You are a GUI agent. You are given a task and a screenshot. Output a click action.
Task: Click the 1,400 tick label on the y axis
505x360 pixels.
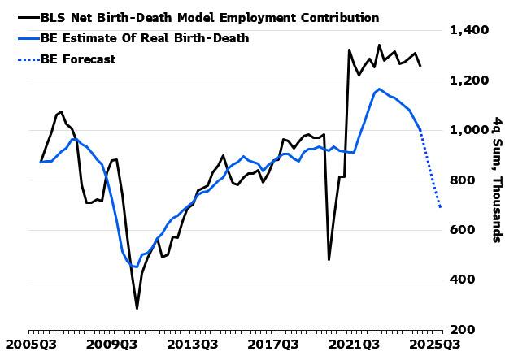(469, 31)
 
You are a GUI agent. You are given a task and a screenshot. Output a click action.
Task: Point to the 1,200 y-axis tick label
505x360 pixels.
(469, 80)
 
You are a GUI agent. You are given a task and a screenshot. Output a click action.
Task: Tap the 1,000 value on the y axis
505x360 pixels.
(469, 130)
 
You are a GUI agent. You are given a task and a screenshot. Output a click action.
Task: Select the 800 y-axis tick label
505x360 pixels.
(463, 180)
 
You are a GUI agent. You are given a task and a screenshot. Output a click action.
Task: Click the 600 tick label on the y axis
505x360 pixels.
(463, 230)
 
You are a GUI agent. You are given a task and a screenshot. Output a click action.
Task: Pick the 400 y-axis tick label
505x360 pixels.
(463, 280)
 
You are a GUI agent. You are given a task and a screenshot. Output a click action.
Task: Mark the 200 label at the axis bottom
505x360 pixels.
(463, 330)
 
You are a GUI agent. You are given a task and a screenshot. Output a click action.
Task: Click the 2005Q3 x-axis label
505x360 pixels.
(31, 345)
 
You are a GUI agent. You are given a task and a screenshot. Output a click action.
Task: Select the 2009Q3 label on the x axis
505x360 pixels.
(111, 345)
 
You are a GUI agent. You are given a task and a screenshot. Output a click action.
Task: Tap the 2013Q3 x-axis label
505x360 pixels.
(193, 345)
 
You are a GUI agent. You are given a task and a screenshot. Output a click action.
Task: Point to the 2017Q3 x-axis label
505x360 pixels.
(273, 345)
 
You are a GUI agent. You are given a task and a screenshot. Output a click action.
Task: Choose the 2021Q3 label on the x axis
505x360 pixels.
(354, 345)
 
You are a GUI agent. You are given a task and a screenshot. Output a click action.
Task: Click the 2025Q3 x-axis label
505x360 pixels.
(435, 345)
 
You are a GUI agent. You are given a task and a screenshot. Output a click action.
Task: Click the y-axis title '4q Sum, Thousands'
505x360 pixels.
(498, 180)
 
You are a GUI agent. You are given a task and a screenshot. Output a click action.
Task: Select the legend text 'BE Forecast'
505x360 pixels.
(78, 59)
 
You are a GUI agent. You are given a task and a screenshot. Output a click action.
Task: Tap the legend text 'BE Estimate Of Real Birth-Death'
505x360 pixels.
(145, 38)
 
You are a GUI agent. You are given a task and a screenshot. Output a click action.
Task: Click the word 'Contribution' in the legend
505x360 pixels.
(340, 17)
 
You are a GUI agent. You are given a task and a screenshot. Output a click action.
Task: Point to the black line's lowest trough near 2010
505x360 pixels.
(137, 309)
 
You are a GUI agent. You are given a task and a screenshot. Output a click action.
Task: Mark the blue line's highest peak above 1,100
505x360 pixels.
(379, 89)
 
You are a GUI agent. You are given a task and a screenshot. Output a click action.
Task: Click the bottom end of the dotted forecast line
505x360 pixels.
(440, 207)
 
